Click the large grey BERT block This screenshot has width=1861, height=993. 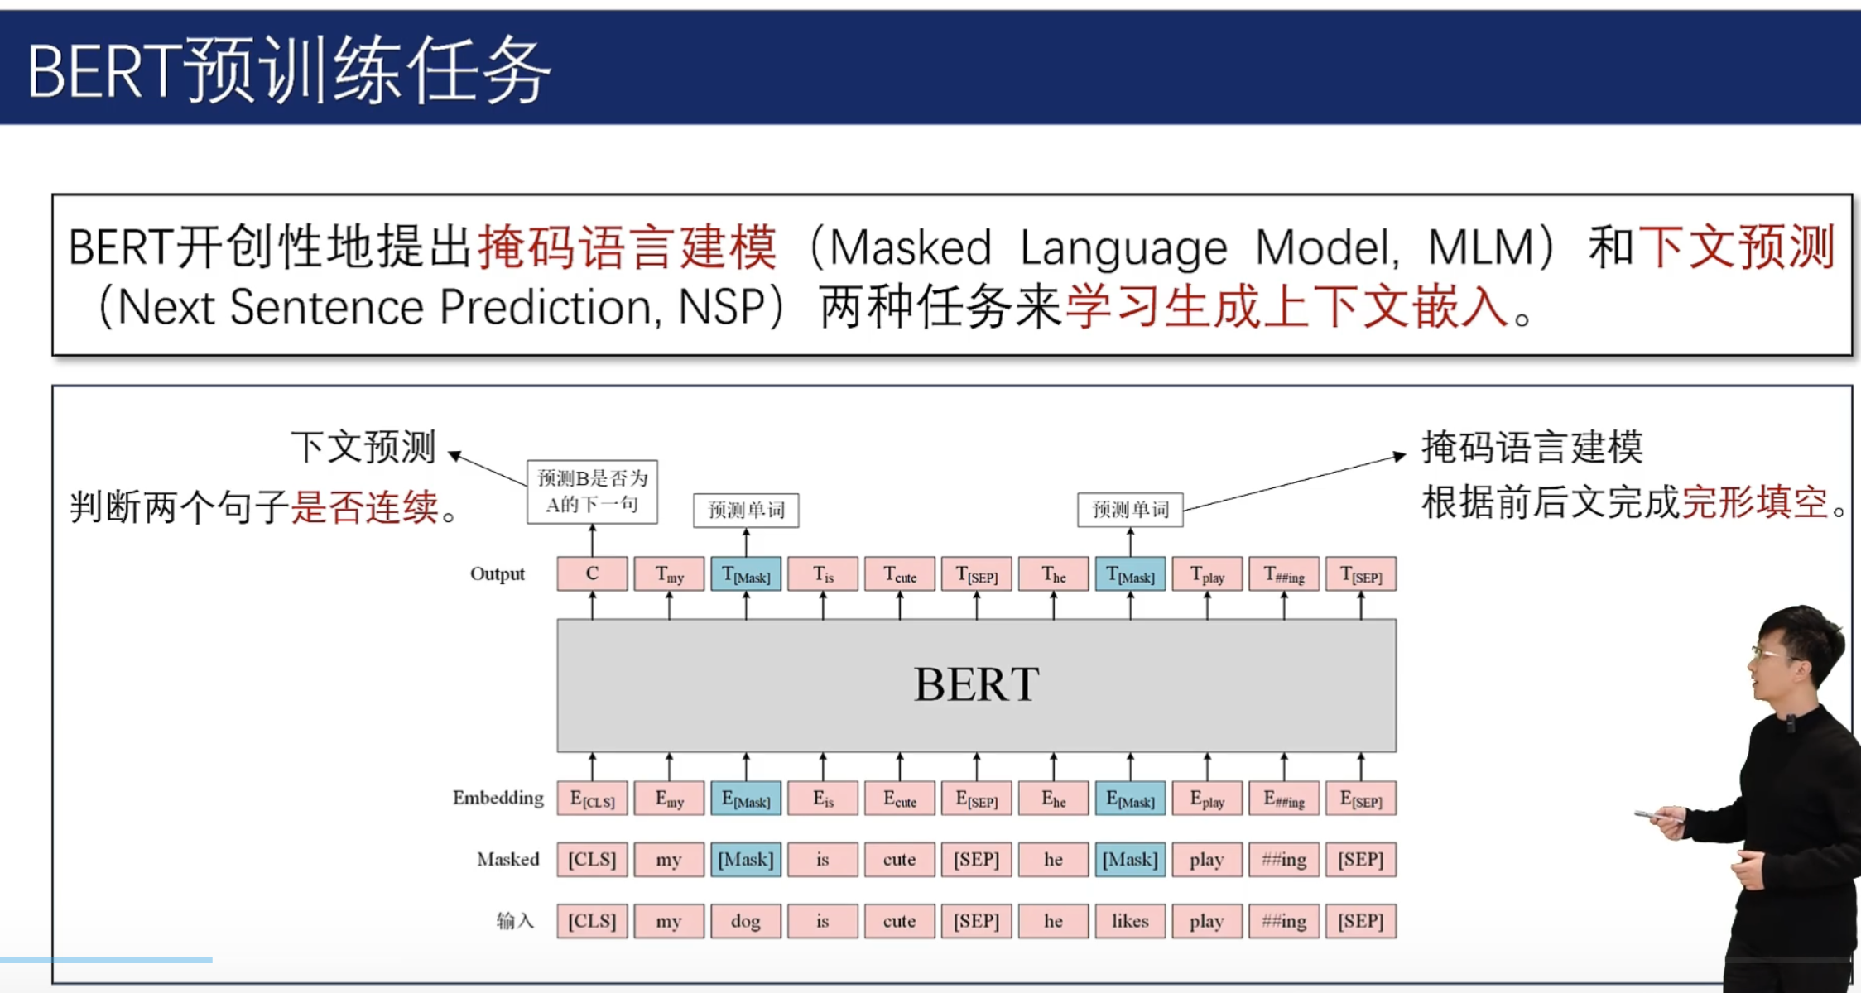(976, 685)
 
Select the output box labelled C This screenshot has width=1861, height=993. (592, 573)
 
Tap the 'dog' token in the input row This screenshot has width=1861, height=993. (745, 921)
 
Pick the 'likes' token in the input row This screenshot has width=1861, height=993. (1130, 921)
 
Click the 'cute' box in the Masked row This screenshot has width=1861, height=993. (899, 859)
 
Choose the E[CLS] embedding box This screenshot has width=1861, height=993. (592, 799)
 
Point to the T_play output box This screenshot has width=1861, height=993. (1207, 573)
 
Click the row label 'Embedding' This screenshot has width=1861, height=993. (498, 798)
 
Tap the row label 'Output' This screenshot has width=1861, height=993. (498, 573)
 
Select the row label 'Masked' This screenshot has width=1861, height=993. (507, 859)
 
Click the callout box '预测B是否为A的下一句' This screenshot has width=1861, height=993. (592, 492)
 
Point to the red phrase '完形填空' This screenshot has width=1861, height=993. (1754, 502)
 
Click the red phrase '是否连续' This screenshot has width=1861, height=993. (364, 506)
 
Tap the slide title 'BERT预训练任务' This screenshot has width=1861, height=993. (289, 71)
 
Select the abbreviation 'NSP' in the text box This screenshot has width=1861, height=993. (721, 307)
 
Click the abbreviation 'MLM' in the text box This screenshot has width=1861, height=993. (1481, 247)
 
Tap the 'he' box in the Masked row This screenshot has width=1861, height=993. (1053, 859)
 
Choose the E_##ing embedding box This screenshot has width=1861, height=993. (1284, 799)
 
